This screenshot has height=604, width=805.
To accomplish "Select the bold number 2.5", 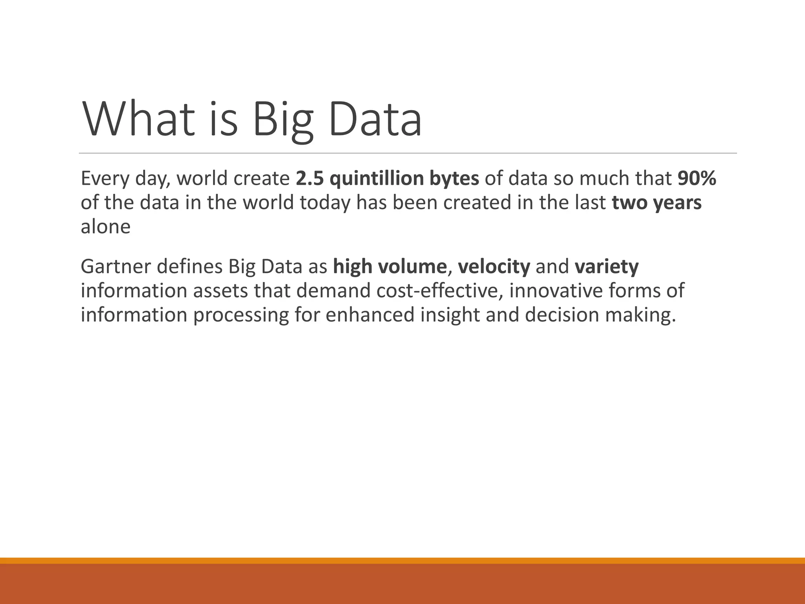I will (310, 179).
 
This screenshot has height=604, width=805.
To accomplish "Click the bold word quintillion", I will (376, 179).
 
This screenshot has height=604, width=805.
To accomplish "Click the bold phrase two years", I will (656, 203).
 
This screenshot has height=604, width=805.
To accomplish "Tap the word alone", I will (105, 227).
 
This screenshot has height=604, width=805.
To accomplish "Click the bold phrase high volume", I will (390, 267).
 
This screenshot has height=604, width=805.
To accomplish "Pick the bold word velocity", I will (494, 267).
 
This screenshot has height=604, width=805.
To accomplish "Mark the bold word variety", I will (607, 267).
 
